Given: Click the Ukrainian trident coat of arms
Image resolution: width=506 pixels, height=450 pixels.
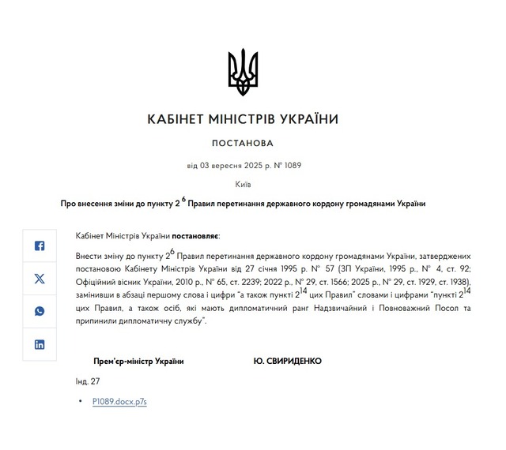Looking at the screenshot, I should click(x=243, y=72).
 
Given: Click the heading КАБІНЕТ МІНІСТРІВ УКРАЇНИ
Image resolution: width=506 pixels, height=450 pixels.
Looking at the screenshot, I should click(x=243, y=119).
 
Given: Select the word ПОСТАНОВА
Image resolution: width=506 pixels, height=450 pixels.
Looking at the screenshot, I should click(x=243, y=144).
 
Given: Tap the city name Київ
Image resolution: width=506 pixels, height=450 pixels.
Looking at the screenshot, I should click(x=243, y=184).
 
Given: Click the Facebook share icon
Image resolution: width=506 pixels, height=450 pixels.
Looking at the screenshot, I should click(x=40, y=246).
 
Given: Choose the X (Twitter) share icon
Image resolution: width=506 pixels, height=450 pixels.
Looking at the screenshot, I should click(x=40, y=279).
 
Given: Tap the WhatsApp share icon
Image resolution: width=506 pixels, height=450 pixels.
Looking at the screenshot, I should click(x=40, y=311).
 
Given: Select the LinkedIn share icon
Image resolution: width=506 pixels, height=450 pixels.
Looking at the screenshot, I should click(x=40, y=344).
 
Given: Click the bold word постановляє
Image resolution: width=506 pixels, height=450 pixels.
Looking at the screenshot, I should click(x=196, y=236).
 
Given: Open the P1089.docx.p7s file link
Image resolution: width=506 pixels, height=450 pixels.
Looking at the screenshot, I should click(x=119, y=402).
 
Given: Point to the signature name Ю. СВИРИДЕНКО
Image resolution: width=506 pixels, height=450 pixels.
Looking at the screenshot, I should click(x=287, y=361).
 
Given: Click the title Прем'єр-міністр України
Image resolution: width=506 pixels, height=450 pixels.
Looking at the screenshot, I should click(x=138, y=361).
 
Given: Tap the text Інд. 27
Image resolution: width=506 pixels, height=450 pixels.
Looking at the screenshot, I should click(x=88, y=381).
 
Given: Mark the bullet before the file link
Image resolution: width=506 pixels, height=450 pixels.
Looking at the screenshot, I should click(x=81, y=402).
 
